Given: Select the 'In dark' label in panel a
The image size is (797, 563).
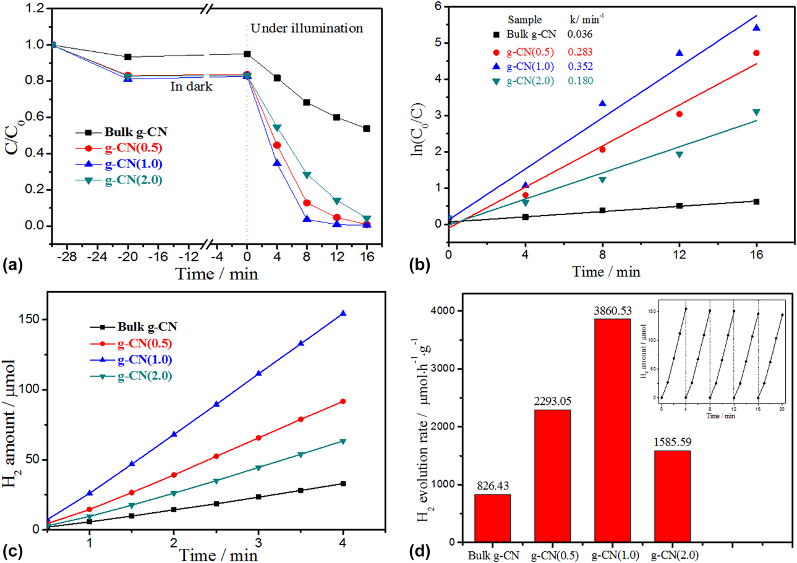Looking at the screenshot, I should (192, 87).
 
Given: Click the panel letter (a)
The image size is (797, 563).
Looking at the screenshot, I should (13, 266).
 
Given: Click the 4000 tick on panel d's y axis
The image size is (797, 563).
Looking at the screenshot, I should (450, 311).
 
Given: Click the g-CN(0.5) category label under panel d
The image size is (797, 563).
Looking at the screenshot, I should (553, 554).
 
